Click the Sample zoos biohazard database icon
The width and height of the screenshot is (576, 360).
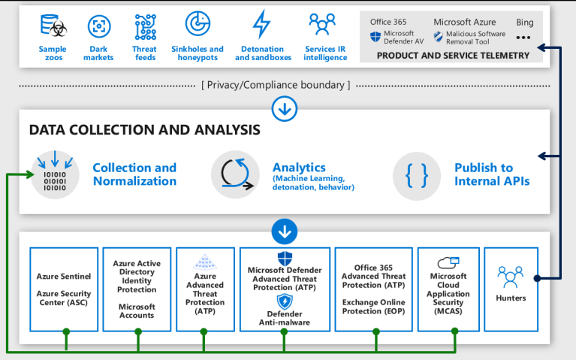(x=53, y=27)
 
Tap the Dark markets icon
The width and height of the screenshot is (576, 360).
(x=99, y=27)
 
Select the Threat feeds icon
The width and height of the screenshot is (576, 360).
(x=146, y=27)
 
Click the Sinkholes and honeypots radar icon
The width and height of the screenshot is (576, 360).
(x=198, y=25)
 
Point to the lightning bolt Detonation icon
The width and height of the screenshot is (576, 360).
(x=261, y=25)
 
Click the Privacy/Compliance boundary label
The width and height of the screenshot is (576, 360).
(x=276, y=85)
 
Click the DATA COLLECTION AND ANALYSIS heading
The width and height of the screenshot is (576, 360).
(x=144, y=130)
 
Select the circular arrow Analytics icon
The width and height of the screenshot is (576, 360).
(x=234, y=175)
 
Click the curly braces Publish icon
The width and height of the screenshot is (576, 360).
(x=416, y=175)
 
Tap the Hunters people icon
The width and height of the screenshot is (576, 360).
(x=511, y=277)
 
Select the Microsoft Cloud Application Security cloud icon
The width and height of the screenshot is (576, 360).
(x=448, y=262)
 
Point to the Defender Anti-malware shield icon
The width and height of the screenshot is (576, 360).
(x=285, y=301)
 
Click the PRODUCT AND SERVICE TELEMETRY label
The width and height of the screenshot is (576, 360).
(x=452, y=55)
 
